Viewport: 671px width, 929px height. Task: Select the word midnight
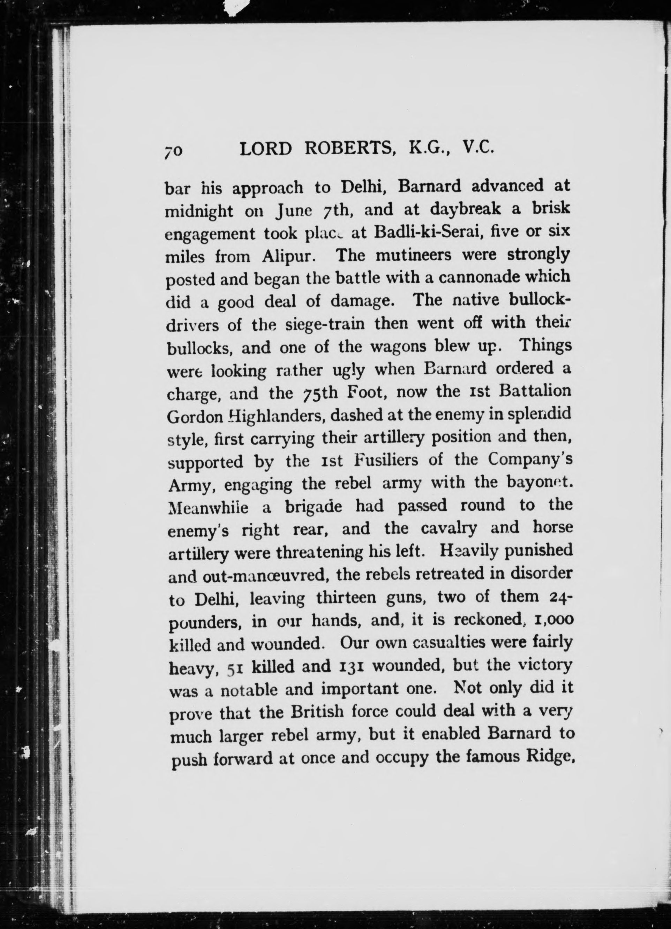(x=199, y=212)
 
